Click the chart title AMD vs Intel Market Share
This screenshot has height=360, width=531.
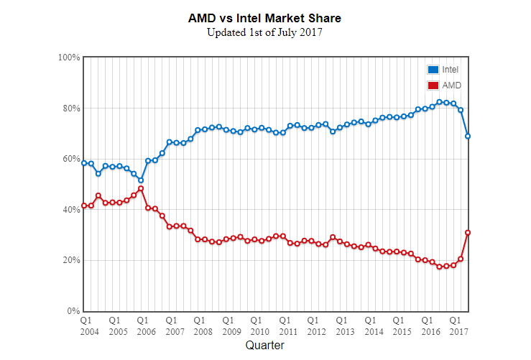265,17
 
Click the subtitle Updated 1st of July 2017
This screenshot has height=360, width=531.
265,32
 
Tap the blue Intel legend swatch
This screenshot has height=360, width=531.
433,70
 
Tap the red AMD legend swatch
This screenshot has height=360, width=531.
433,86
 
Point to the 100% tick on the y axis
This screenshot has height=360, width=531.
69,57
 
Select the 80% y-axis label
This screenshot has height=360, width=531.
70,109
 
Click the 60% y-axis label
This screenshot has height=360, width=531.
70,159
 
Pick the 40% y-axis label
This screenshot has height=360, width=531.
70,210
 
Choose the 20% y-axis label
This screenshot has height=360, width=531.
70,260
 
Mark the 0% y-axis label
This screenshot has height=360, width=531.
73,311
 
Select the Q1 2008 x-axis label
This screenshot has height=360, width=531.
199,325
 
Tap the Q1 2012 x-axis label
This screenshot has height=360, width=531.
313,325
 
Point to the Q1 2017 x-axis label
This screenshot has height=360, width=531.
454,325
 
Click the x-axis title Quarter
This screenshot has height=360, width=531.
264,346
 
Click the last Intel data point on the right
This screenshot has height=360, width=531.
468,136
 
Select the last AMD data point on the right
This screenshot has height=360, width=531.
468,232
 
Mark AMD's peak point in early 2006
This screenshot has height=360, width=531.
141,188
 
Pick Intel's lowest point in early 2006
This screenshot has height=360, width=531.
141,180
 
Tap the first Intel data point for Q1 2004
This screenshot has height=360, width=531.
84,163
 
